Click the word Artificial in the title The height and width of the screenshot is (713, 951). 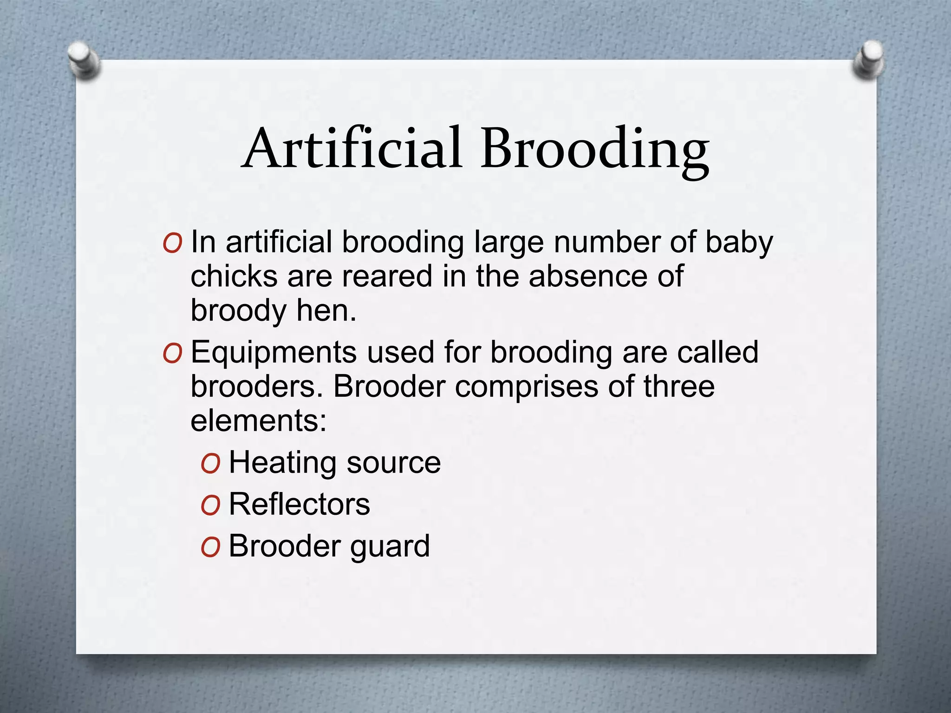[x=353, y=149]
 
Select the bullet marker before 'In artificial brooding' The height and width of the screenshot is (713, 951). [x=172, y=244]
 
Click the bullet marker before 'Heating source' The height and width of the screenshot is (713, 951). [x=210, y=464]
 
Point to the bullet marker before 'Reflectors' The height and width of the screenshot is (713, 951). [x=210, y=506]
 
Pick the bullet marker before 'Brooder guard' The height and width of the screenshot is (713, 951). [x=210, y=547]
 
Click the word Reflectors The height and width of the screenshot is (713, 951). [x=300, y=504]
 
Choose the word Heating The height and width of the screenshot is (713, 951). [x=282, y=463]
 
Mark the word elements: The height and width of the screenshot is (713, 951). [x=259, y=421]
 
